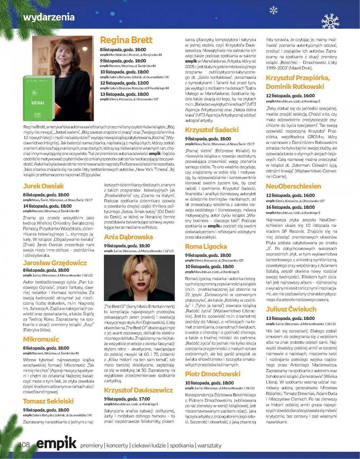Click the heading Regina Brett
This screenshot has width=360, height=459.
(126, 40)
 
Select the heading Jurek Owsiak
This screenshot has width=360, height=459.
(43, 186)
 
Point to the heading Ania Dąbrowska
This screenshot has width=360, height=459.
(128, 237)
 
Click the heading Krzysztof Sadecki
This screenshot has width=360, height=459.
(212, 130)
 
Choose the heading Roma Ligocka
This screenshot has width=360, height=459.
(206, 246)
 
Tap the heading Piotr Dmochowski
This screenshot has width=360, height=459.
(212, 374)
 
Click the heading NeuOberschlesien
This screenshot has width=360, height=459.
(293, 186)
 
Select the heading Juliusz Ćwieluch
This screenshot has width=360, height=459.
(291, 309)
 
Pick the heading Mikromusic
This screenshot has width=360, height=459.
(41, 339)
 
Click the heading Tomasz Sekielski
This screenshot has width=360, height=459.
(48, 401)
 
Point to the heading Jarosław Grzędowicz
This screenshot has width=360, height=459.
(55, 262)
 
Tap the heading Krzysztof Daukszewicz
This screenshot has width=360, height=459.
(138, 390)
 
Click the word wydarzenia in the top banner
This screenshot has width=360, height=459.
(49, 17)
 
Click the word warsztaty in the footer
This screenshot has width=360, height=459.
(210, 445)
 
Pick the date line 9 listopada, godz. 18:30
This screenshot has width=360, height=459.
(127, 245)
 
